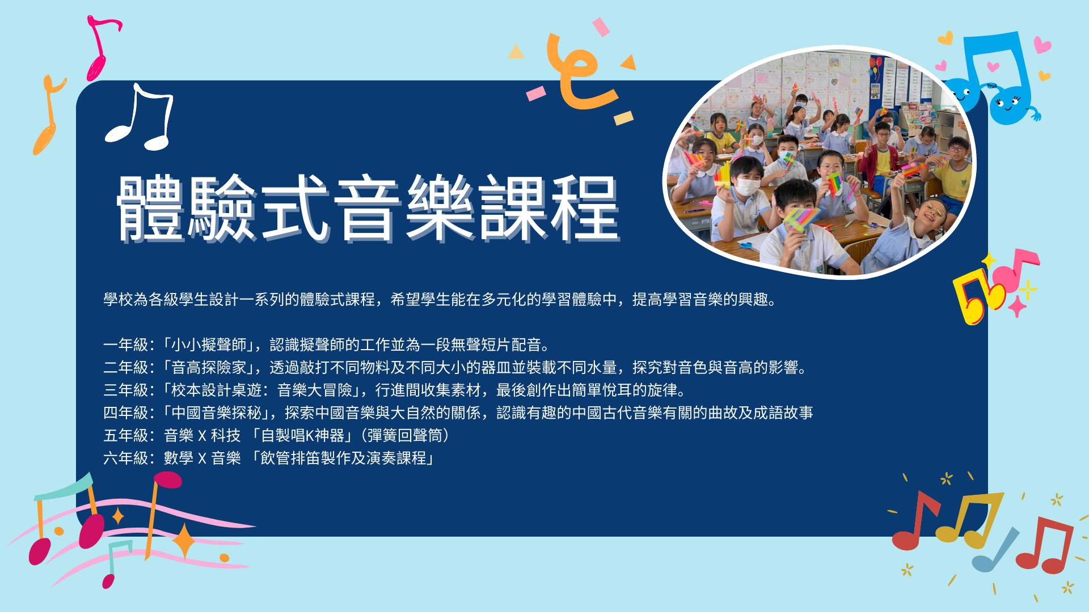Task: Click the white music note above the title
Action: pos(140,117)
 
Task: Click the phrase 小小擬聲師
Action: pos(209,345)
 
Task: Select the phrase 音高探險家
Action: pos(209,367)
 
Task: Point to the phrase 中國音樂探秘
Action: pos(216,413)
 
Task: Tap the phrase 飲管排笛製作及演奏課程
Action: pos(343,458)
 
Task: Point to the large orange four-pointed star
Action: pos(184,542)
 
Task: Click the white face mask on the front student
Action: pos(748,186)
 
